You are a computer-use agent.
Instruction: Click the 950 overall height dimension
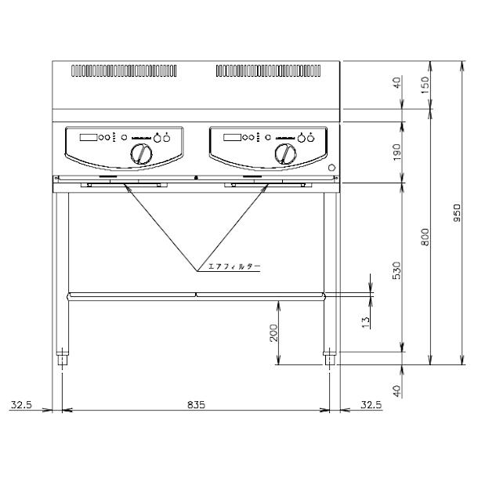[x=457, y=213]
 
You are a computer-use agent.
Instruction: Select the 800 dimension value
[x=425, y=237]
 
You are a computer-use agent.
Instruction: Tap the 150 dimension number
[x=425, y=85]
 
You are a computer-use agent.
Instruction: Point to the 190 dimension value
[x=397, y=153]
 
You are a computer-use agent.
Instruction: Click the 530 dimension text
[x=397, y=270]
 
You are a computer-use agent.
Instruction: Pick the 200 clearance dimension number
[x=273, y=333]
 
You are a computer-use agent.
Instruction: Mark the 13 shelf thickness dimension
[x=365, y=322]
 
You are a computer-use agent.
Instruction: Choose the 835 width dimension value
[x=197, y=405]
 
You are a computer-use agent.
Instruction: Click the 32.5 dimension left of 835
[x=21, y=405]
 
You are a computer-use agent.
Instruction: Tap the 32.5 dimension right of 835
[x=371, y=405]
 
